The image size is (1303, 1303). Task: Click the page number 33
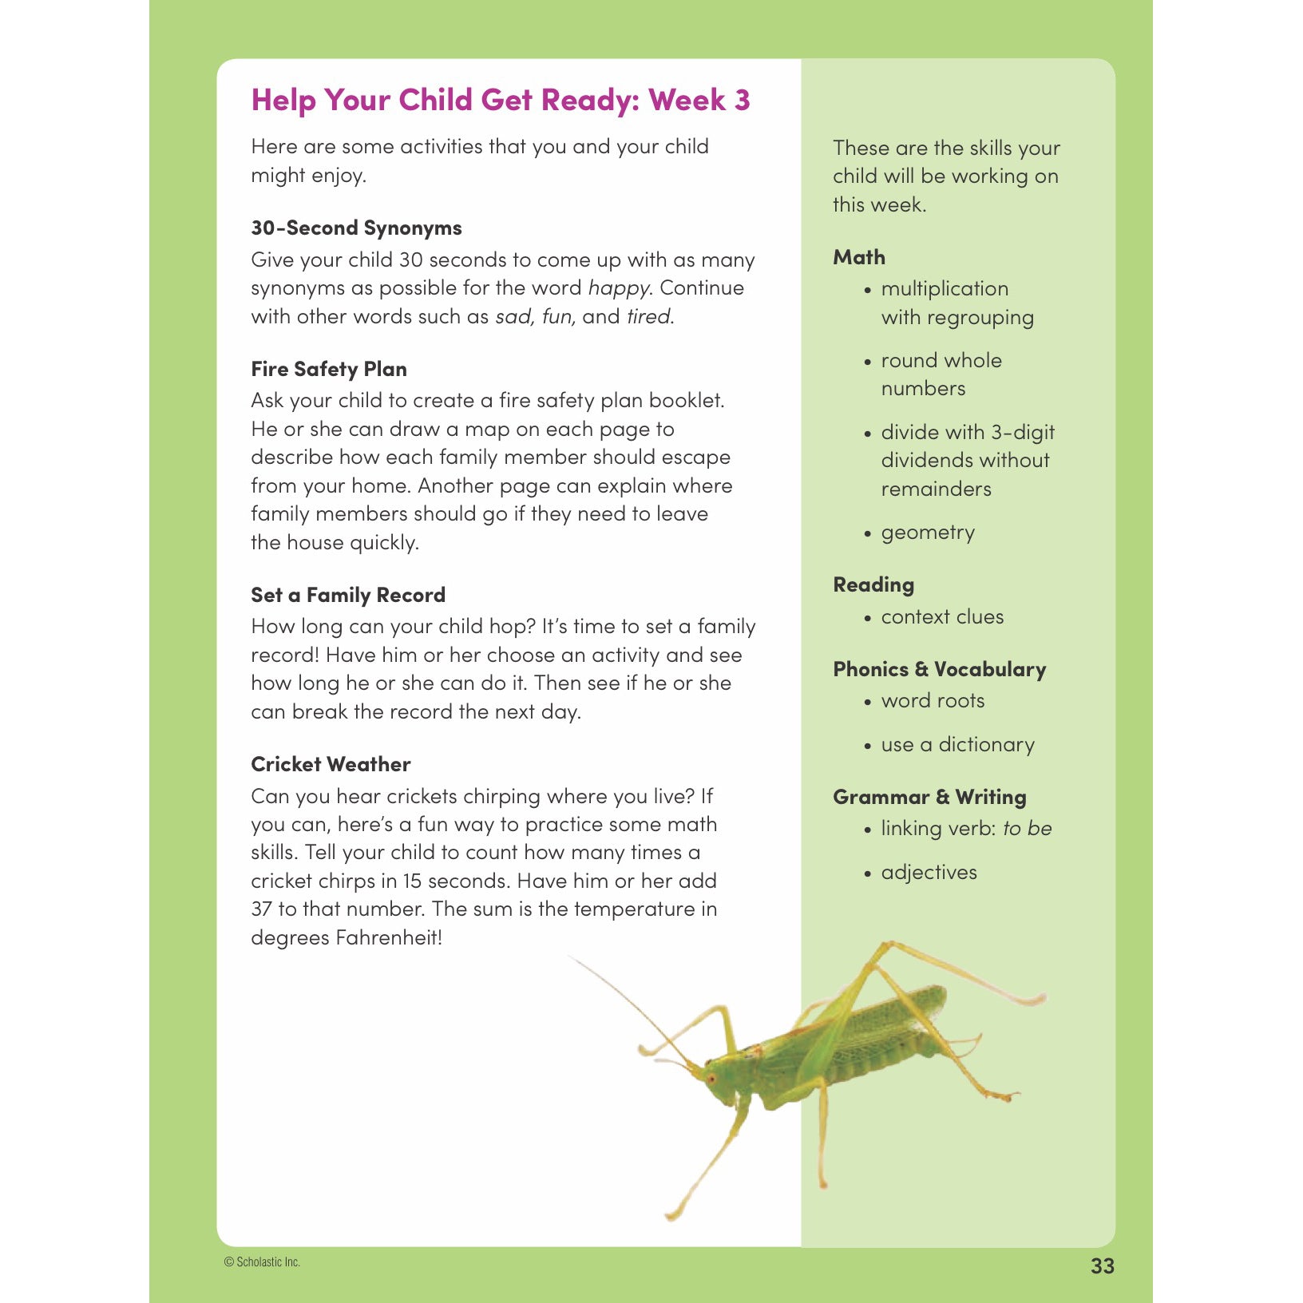coord(1102,1265)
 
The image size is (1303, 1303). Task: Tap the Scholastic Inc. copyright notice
coord(262,1262)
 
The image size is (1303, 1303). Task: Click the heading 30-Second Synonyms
coord(356,228)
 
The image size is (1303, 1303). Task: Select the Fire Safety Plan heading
coord(329,369)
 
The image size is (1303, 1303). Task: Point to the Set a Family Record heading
coord(348,595)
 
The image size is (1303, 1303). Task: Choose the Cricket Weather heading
coord(331,764)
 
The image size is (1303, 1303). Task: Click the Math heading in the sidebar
coord(859,257)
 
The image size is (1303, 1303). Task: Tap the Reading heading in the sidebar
coord(873,584)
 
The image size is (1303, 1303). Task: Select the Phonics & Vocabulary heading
coord(939,669)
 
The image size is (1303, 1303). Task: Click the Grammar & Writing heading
coord(929,797)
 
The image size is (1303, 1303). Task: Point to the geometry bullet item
coord(928,533)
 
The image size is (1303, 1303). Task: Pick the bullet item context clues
coord(942,617)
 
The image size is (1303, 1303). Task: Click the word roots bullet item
coord(933,701)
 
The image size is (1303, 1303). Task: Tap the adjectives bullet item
coord(929,873)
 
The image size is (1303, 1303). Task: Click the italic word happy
coord(619,288)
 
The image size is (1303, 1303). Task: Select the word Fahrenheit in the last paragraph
coord(388,937)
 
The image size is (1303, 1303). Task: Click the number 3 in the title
coord(742,101)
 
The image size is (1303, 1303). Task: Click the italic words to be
coord(1027,829)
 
